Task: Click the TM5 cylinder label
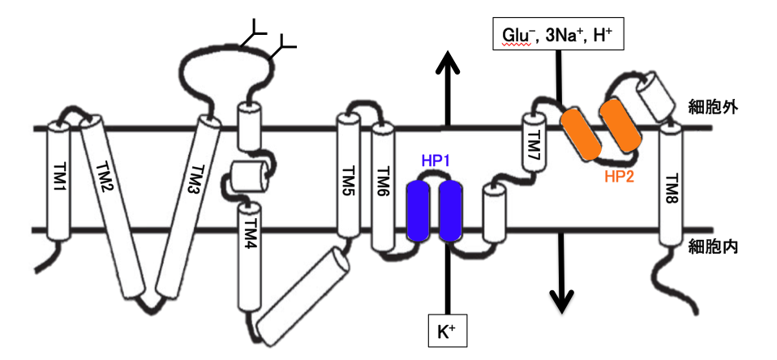(x=348, y=179)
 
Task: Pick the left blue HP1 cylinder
(x=419, y=212)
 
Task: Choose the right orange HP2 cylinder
(x=619, y=126)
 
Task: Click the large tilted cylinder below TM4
(x=303, y=294)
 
